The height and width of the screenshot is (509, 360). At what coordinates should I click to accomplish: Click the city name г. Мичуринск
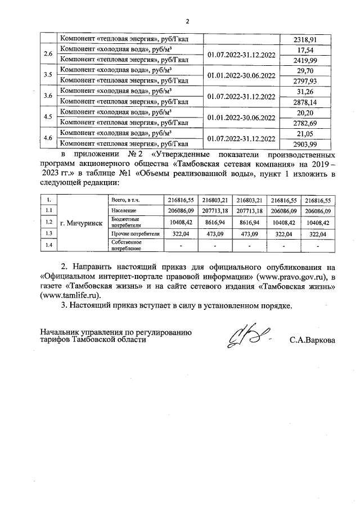click(81, 222)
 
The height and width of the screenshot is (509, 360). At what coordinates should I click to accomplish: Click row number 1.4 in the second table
click(49, 244)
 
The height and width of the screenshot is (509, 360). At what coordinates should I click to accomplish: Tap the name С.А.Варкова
click(312, 340)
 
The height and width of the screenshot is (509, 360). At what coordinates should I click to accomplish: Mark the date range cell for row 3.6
click(241, 96)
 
